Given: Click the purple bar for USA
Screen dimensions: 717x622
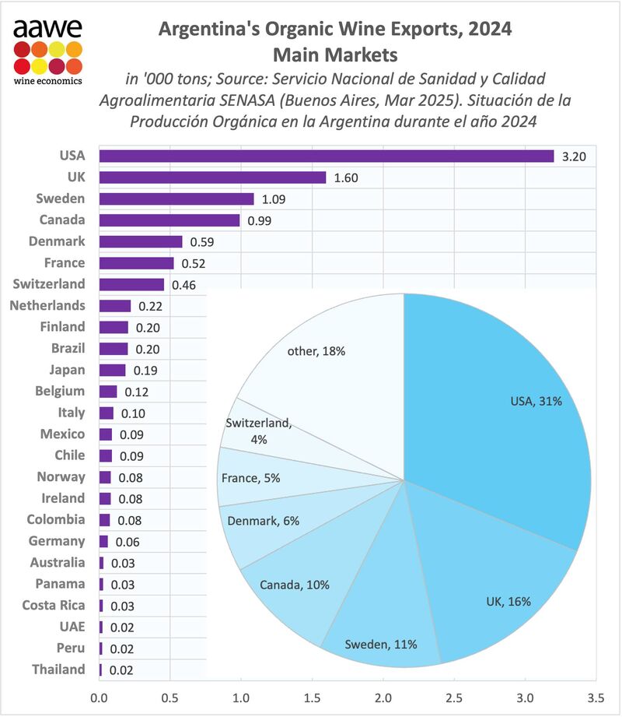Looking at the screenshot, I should pyautogui.click(x=327, y=156).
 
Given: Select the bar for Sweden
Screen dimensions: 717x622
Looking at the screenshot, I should pyautogui.click(x=176, y=199).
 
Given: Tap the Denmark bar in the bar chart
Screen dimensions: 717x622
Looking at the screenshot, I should pyautogui.click(x=141, y=241).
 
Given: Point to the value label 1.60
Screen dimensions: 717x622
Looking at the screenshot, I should pyautogui.click(x=347, y=177).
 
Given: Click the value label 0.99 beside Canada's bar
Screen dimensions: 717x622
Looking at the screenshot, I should pyautogui.click(x=260, y=220).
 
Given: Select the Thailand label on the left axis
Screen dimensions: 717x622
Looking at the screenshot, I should pyautogui.click(x=58, y=670).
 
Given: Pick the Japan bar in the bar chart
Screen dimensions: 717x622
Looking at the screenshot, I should pyautogui.click(x=113, y=370).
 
